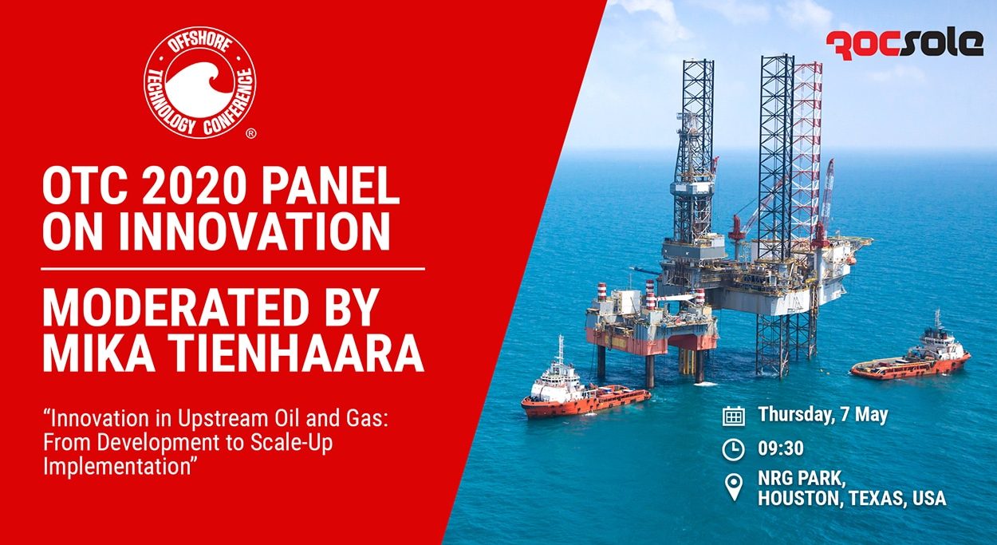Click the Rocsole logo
[904, 45]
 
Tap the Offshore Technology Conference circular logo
[200, 82]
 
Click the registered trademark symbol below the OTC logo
[251, 133]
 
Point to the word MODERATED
[175, 308]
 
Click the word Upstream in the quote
[219, 420]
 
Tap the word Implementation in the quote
[117, 467]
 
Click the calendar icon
[733, 417]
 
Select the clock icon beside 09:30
[733, 449]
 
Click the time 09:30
[781, 448]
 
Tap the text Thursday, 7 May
[823, 415]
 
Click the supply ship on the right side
[911, 352]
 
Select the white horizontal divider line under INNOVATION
[233, 269]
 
